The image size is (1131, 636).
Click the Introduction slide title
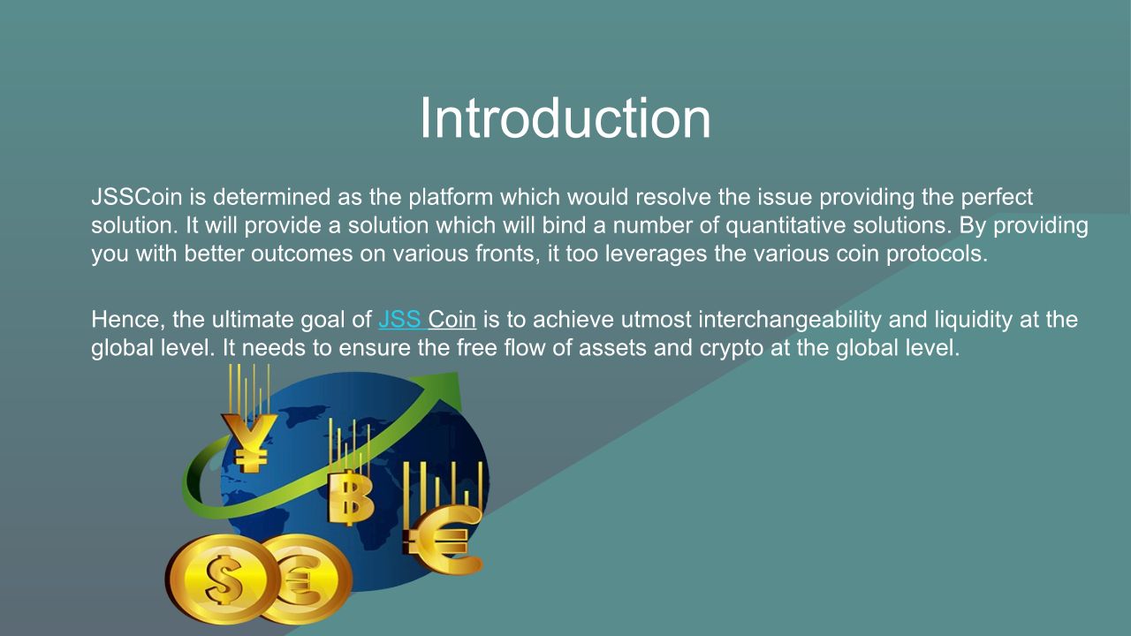565,118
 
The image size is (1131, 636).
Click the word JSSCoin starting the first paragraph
136,197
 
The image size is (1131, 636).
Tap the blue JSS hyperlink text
399,320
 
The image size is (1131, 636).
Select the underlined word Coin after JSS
452,320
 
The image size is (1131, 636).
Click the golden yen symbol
249,443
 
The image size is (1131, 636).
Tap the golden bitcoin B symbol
350,497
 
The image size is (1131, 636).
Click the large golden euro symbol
444,539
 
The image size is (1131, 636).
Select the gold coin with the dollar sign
222,579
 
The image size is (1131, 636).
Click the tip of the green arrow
458,374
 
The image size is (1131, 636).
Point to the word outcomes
302,254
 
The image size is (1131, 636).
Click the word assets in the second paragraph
612,349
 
